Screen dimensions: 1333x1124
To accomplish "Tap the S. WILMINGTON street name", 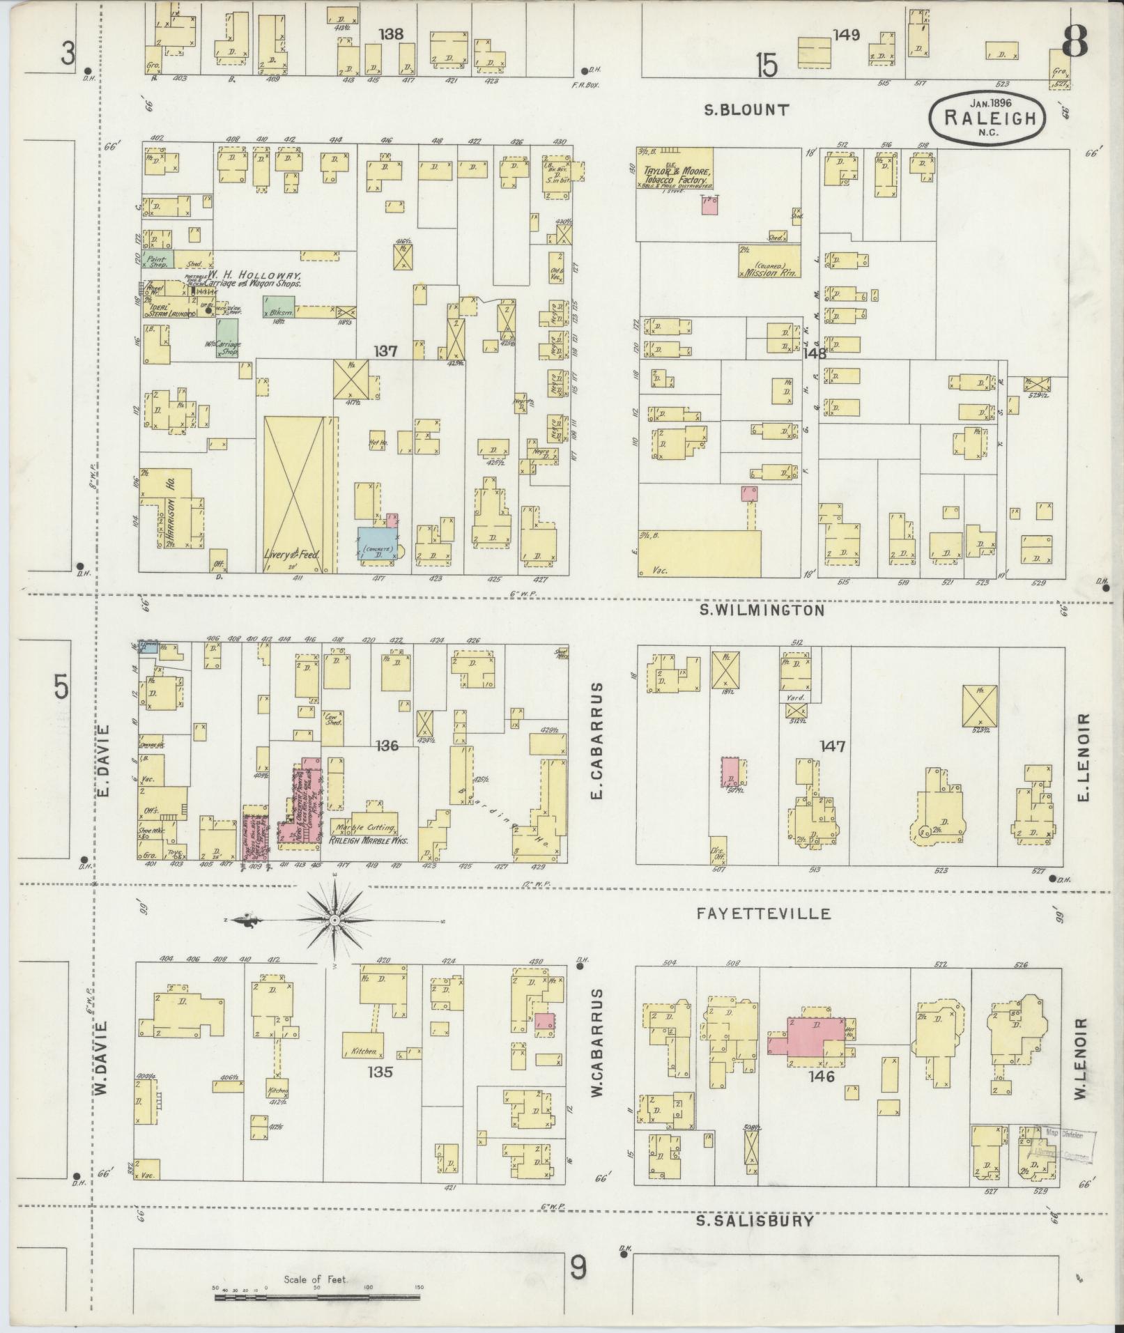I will [x=761, y=610].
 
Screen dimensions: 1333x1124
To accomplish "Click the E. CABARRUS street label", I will [x=597, y=742].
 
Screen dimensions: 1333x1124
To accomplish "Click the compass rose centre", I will [x=335, y=920].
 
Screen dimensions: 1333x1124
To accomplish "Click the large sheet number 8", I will [x=1073, y=43].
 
